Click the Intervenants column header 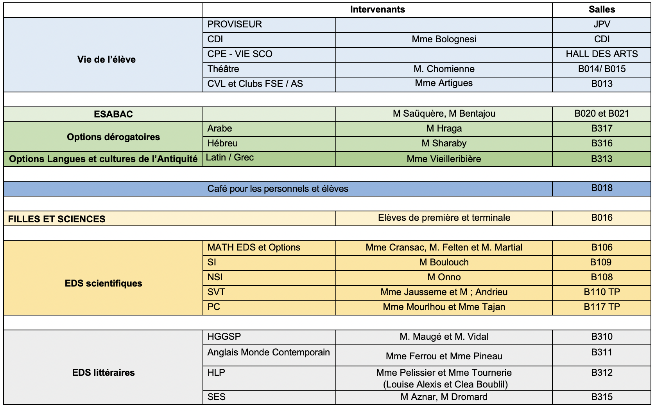pos(377,10)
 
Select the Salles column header pos(601,10)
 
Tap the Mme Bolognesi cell pos(444,39)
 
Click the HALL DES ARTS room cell pos(601,54)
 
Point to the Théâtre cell pos(223,69)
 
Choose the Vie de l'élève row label pos(106,59)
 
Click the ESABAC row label pos(113,114)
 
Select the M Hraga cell pos(444,128)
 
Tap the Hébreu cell pos(222,143)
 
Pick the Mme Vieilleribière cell pos(444,159)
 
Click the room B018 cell pos(601,188)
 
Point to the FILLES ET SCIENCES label pos(57,219)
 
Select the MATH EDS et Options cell pos(254,247)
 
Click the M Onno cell pos(444,277)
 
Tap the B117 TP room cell pos(601,307)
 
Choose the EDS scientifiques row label pos(103,283)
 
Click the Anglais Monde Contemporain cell pos(269,352)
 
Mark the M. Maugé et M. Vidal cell pos(444,337)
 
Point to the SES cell pos(217,397)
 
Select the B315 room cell pos(601,397)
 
